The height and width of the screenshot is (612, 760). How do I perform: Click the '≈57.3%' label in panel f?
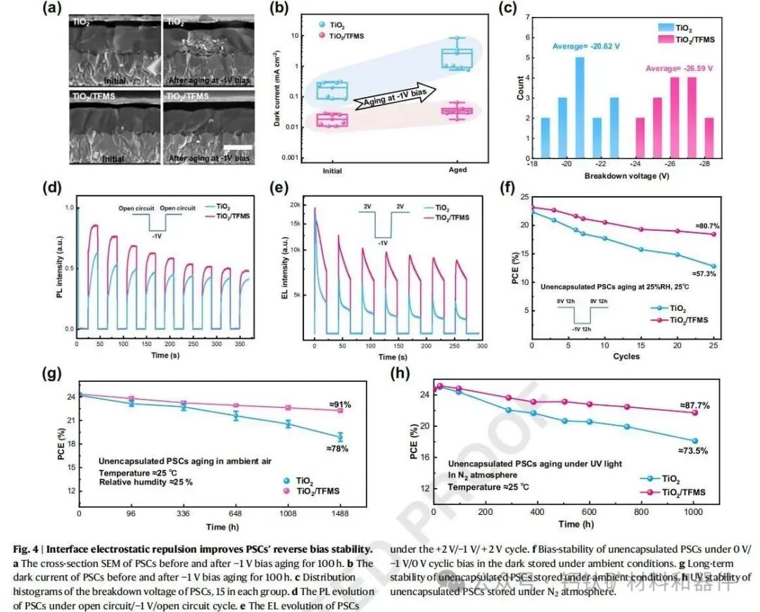coord(701,273)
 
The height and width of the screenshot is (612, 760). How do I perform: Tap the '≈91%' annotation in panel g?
coord(340,404)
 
